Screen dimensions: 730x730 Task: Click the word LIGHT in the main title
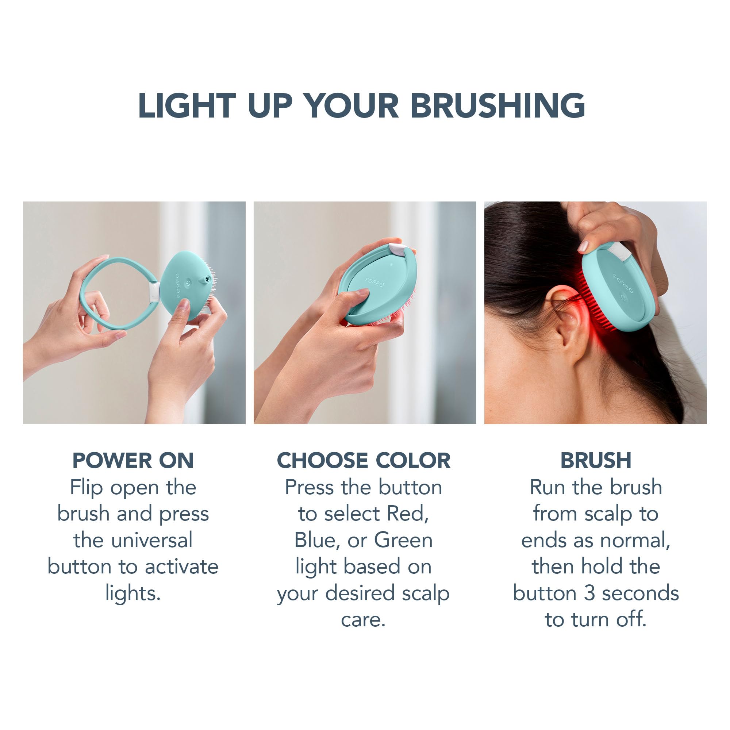187,106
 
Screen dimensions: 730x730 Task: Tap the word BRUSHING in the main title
497,106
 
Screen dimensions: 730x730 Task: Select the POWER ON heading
133,461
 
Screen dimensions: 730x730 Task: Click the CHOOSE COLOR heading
364,461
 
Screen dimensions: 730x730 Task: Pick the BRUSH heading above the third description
595,461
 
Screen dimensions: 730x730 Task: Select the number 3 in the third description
589,593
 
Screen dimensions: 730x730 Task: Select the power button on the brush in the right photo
623,298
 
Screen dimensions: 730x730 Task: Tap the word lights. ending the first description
133,593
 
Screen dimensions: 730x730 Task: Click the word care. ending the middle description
363,620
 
